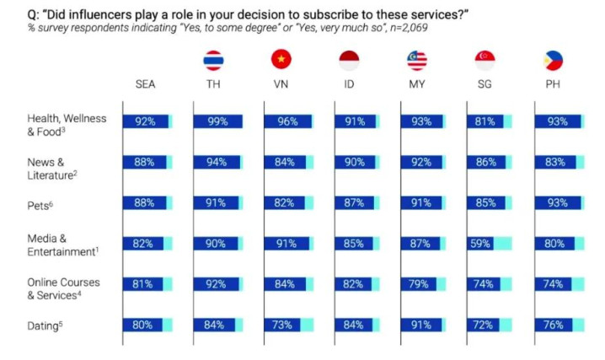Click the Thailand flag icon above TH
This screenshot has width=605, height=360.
(x=213, y=60)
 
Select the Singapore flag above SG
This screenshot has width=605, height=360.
(x=485, y=60)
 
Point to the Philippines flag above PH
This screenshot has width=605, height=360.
(x=553, y=60)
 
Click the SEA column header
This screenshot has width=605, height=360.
(x=145, y=85)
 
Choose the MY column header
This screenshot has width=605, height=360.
(x=416, y=85)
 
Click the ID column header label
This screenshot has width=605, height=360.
(x=349, y=85)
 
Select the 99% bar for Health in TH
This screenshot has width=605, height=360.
(x=218, y=121)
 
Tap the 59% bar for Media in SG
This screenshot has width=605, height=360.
(x=480, y=243)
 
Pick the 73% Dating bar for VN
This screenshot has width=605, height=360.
(x=282, y=325)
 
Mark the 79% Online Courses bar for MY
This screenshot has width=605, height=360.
(x=418, y=283)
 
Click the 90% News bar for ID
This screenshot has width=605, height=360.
(x=353, y=162)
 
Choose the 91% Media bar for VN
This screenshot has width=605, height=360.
(x=286, y=243)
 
